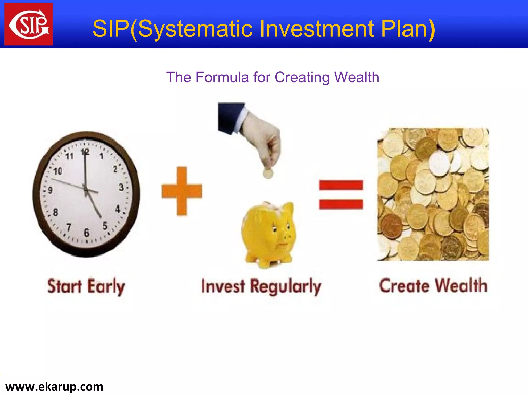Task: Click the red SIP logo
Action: (29, 24)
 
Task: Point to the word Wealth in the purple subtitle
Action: (357, 77)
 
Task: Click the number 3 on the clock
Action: (121, 187)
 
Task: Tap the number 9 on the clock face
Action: (51, 191)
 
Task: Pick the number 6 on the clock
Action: (87, 233)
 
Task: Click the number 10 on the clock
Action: (58, 171)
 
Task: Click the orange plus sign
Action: (182, 191)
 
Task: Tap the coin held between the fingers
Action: (268, 174)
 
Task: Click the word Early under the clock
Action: (106, 286)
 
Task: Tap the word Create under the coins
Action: (404, 286)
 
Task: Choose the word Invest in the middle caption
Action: (222, 286)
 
